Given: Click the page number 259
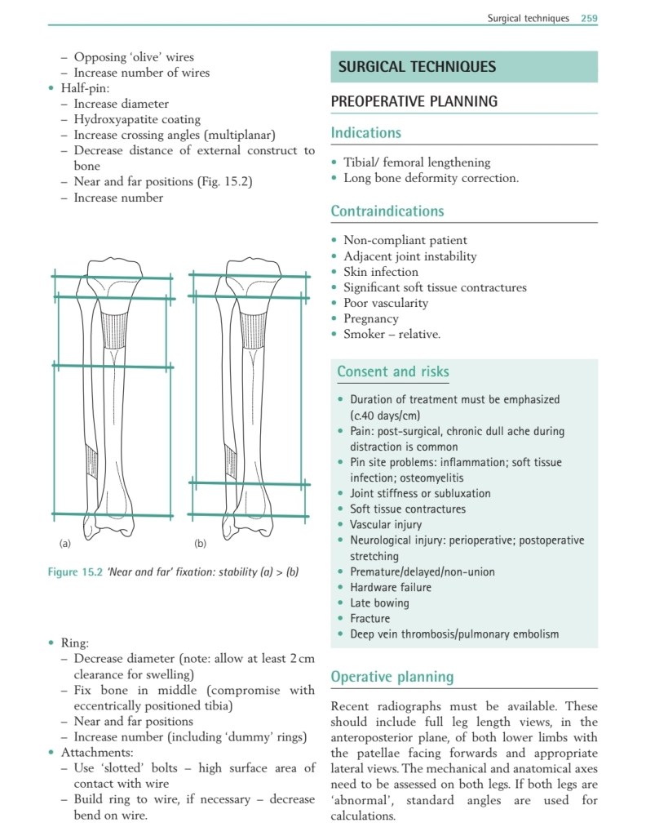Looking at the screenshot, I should [x=589, y=18].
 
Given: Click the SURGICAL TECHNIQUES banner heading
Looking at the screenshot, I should [x=417, y=67].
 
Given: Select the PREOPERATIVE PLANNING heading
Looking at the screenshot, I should [x=414, y=102].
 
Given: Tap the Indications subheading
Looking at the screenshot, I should [x=365, y=133].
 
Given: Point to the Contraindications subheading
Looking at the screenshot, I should [x=387, y=211].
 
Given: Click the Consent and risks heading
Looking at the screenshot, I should [x=392, y=372].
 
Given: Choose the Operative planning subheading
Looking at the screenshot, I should [x=392, y=677].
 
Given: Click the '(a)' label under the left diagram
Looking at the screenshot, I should [x=65, y=543].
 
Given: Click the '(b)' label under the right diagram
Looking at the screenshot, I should [x=201, y=543].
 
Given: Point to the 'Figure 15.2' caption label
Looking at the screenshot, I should [x=74, y=572].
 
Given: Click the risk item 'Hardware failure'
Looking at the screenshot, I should [x=391, y=587].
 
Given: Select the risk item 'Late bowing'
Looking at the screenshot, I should [x=379, y=603].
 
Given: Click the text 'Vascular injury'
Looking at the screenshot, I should [x=385, y=524].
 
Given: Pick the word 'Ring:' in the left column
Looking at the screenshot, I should [x=75, y=643].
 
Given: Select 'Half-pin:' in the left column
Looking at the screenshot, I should [x=86, y=88].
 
